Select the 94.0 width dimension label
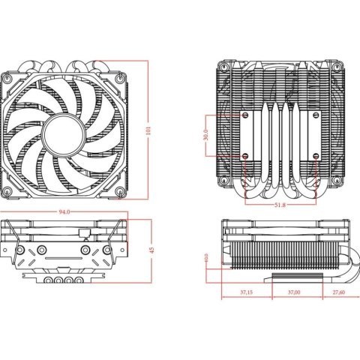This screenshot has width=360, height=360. coord(65,212)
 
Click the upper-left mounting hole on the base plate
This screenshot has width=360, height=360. coord(244,116)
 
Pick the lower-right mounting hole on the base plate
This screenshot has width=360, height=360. coord(316,156)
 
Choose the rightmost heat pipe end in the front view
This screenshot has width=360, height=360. coord(77,280)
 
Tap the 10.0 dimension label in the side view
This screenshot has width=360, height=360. coord(206,259)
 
